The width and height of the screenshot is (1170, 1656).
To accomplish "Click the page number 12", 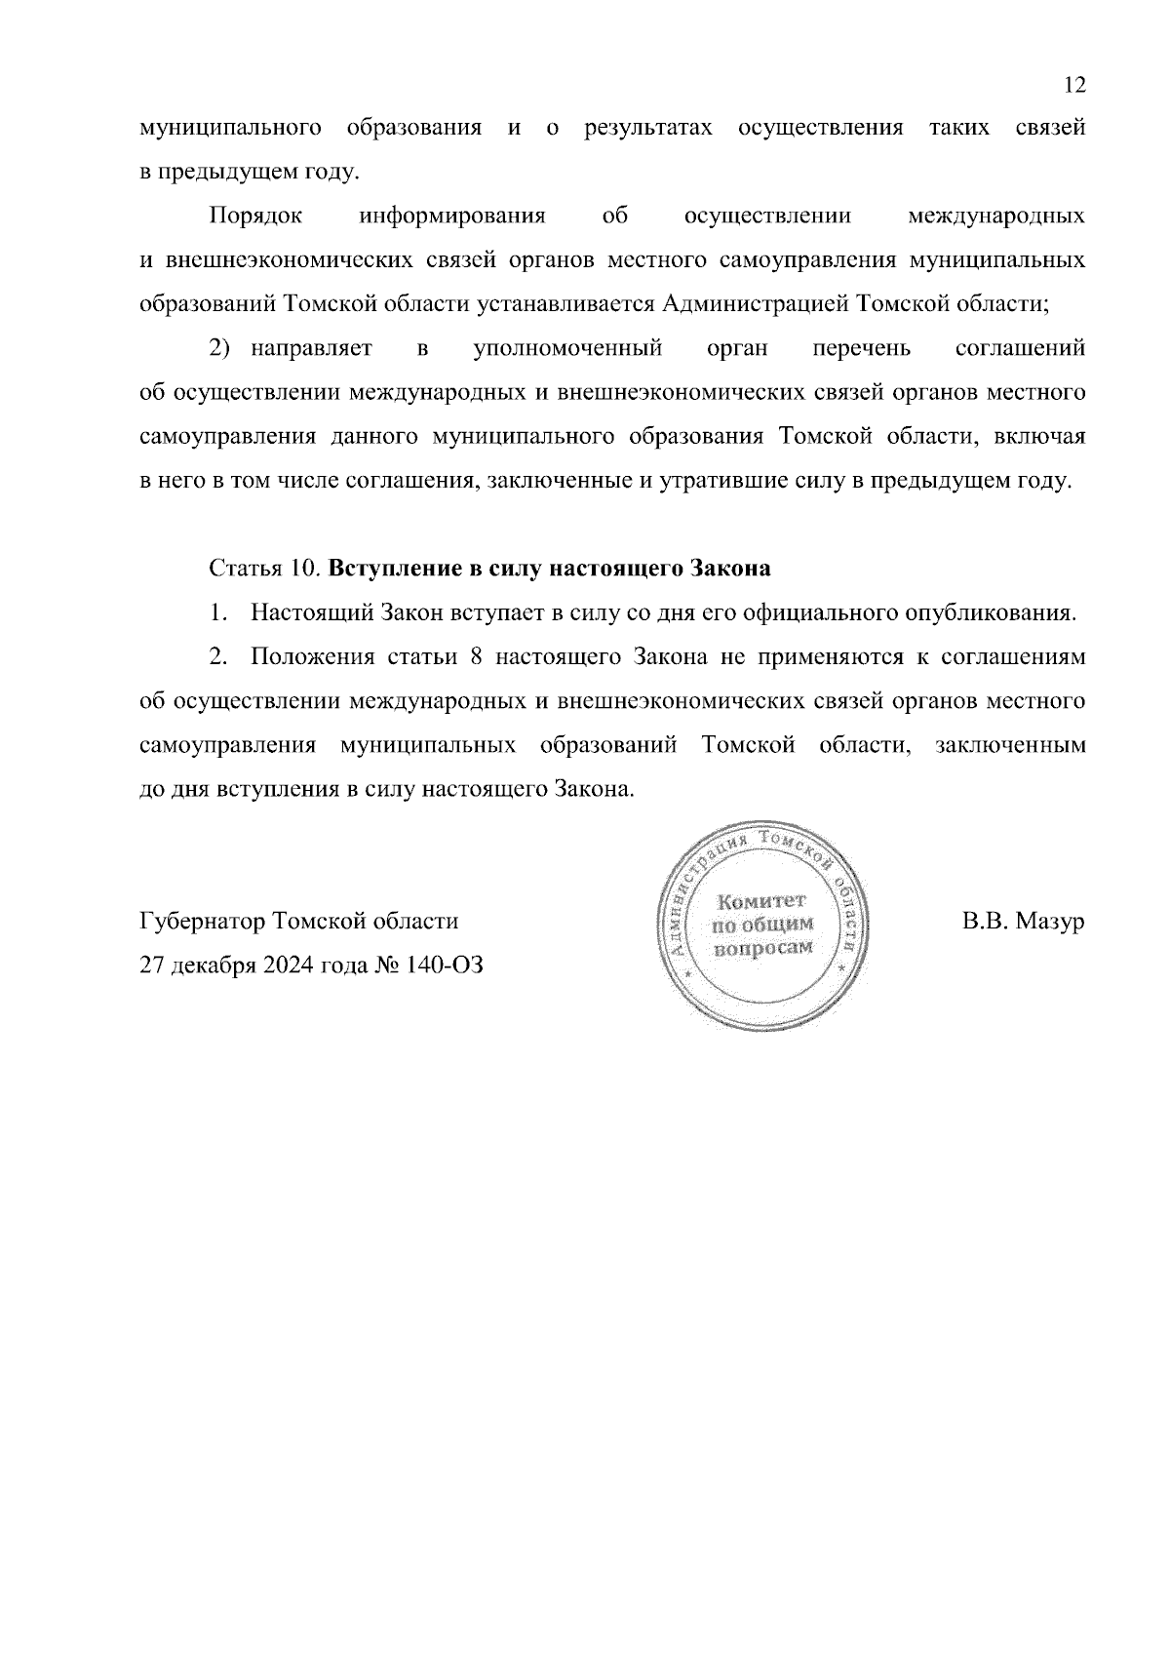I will pos(1073,85).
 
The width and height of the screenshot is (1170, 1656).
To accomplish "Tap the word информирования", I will pos(452,216).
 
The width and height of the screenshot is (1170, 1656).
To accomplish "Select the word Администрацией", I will pos(756,304).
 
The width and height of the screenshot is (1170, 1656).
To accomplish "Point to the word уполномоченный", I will pos(568,348).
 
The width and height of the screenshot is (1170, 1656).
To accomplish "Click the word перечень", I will pos(861,348).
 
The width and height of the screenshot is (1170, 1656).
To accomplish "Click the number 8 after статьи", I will pos(478,657).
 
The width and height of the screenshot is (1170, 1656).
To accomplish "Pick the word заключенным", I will pos(1009,746).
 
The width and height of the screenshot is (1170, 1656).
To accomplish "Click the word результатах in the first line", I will pos(647,128).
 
